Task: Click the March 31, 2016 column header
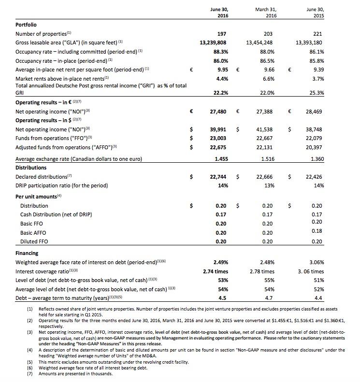click(x=264, y=12)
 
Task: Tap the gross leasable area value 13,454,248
click(x=259, y=43)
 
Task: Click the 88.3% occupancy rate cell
click(x=220, y=52)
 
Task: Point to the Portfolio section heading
click(x=26, y=24)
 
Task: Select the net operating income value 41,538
click(x=264, y=129)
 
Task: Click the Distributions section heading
click(x=32, y=168)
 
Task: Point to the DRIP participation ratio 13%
click(x=269, y=185)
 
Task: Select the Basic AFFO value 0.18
click(x=317, y=231)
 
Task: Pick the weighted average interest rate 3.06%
click(x=315, y=263)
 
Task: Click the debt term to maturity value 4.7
click(x=269, y=298)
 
